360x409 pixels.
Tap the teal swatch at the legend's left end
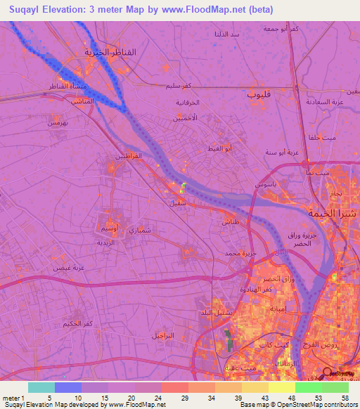pyautogui.click(x=41, y=387)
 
